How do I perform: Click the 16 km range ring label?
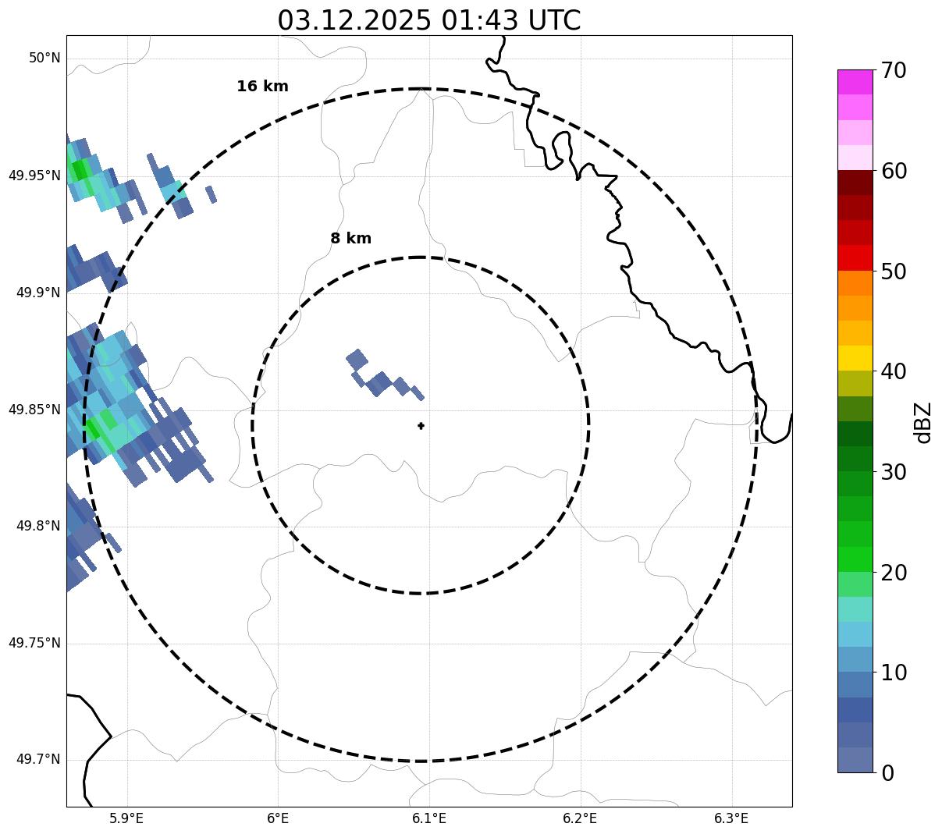tap(262, 87)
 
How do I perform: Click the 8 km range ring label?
tap(350, 239)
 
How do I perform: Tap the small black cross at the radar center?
tap(421, 426)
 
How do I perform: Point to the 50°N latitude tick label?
tap(44, 59)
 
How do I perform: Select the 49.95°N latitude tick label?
tap(34, 176)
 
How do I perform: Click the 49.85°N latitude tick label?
tap(34, 410)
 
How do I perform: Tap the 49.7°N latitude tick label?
tap(38, 760)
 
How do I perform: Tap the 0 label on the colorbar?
tap(887, 773)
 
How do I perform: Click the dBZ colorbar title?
tap(924, 423)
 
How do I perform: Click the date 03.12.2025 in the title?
tap(354, 21)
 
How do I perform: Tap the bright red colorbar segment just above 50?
tap(855, 257)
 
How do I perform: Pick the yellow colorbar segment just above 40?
tap(855, 358)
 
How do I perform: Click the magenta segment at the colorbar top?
tap(855, 82)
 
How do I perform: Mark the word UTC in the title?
tap(554, 21)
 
